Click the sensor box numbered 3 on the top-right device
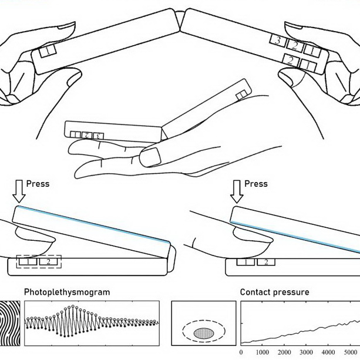coord(278,41)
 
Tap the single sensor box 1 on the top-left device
coord(48,51)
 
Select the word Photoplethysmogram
coord(67,292)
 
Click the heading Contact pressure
coord(275,292)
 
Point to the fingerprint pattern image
coord(10,323)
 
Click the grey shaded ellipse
coord(204,333)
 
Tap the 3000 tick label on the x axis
coord(307,352)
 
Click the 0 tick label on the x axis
coord(241,352)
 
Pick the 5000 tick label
coord(350,352)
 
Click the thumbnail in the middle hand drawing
coord(150,157)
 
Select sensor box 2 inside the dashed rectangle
coord(48,262)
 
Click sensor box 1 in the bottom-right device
coord(245,262)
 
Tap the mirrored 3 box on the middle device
coord(99,136)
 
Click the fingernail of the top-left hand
coord(66,25)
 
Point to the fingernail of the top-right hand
coord(294,25)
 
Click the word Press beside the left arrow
coord(38,184)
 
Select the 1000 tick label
coord(263,352)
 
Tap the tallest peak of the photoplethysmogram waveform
coord(73,306)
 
